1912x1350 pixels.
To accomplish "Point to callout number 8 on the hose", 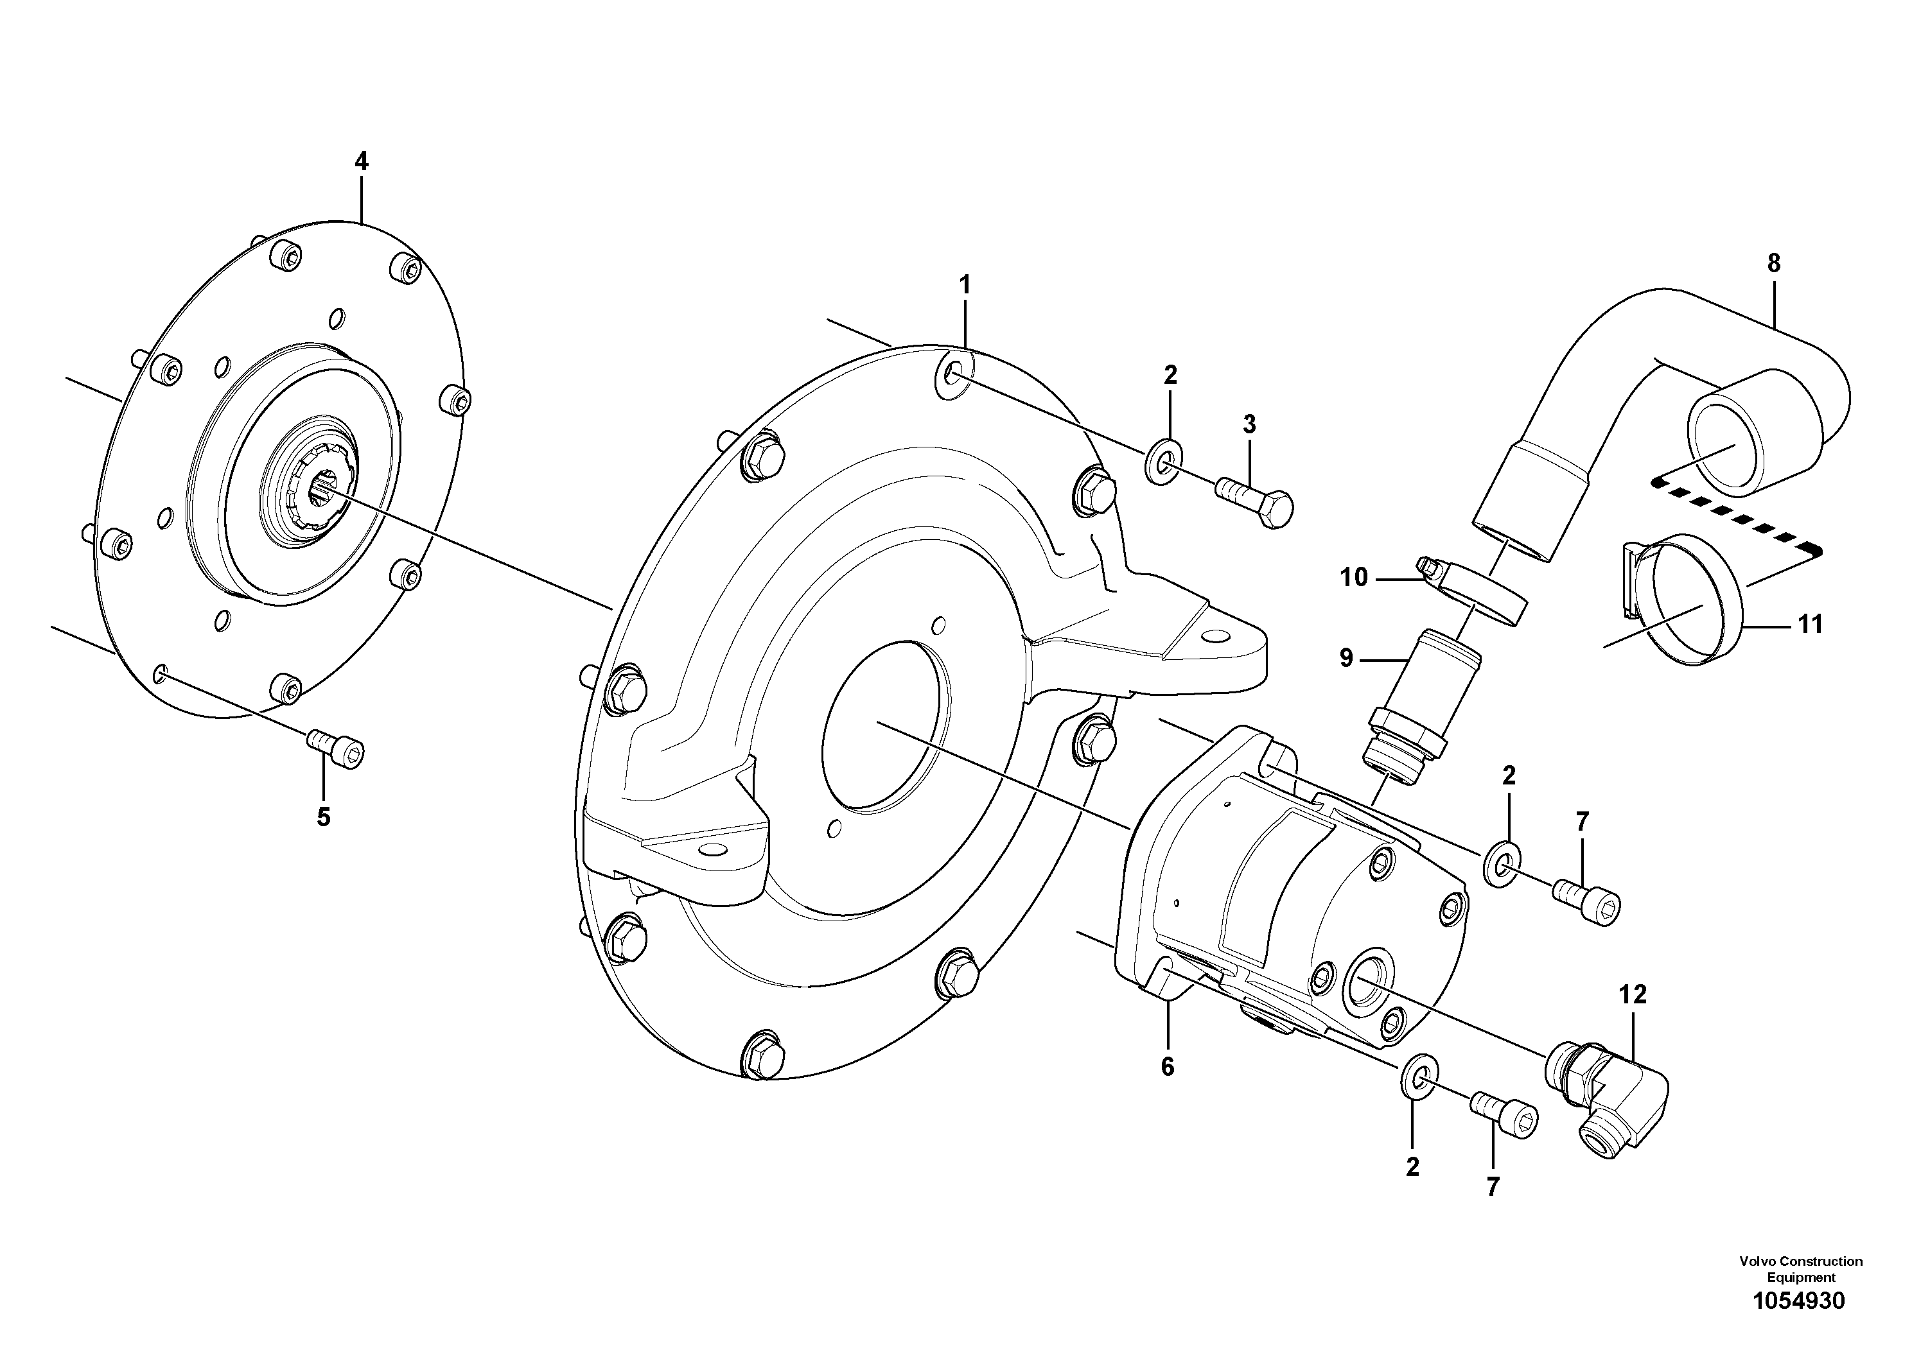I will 1774,264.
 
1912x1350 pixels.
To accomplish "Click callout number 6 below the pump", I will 1168,1066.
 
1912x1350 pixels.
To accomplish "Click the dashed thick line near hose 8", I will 1736,516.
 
